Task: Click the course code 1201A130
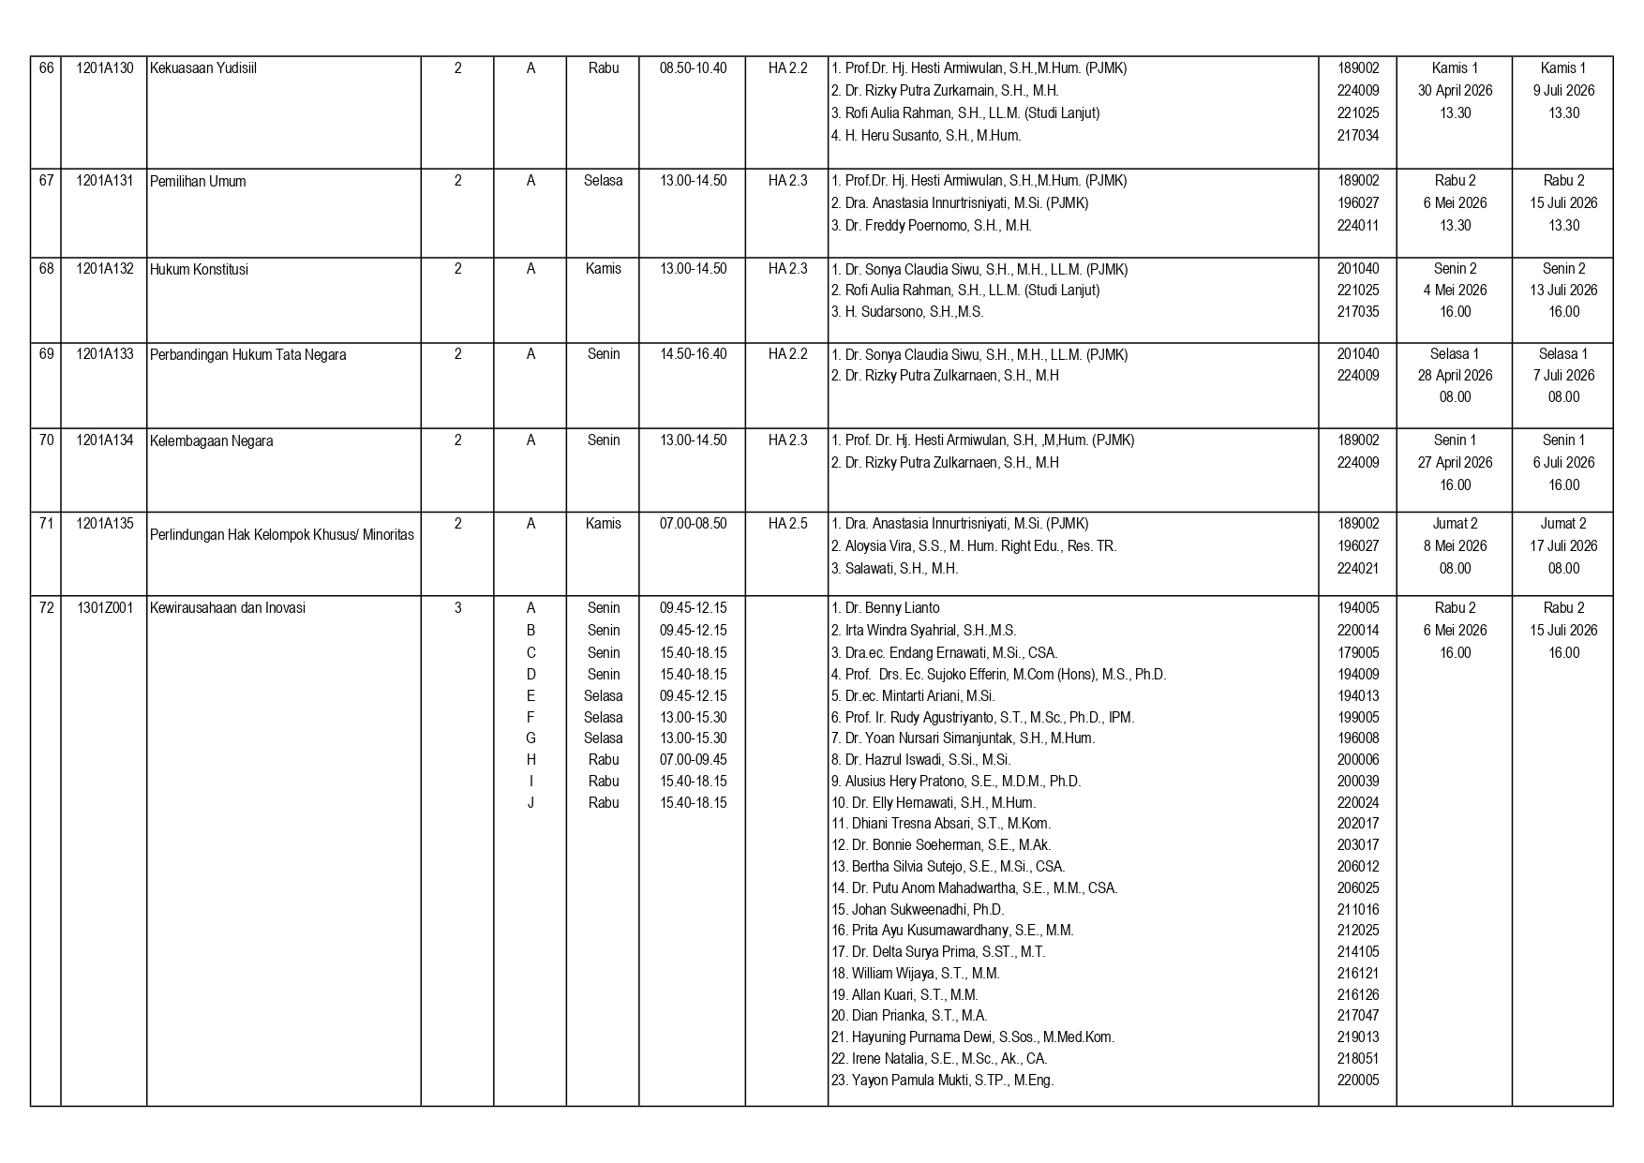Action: [x=104, y=68]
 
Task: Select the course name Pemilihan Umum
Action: [x=198, y=181]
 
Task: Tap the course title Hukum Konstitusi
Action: [x=199, y=270]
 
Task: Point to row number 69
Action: [x=46, y=354]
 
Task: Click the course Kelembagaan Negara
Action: [x=212, y=440]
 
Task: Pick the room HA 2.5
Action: [x=787, y=524]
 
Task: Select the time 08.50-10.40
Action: [x=693, y=68]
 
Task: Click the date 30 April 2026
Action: [x=1455, y=91]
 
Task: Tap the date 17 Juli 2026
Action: [x=1563, y=546]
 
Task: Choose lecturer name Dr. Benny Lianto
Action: [x=885, y=608]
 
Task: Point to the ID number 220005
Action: [x=1357, y=1081]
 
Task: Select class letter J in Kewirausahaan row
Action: [x=531, y=803]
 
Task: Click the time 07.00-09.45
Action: [x=693, y=760]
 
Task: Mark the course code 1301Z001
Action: [x=104, y=608]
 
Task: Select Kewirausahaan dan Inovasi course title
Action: [x=228, y=608]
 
